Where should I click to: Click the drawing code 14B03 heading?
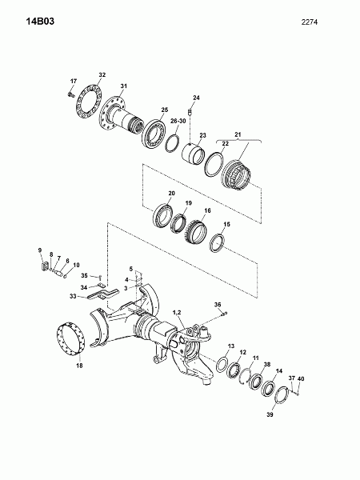(x=40, y=22)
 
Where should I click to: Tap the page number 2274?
(x=309, y=22)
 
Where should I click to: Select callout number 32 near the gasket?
(x=102, y=74)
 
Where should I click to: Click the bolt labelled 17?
(x=71, y=93)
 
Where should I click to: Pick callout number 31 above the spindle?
(x=123, y=86)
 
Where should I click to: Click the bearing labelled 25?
(x=154, y=134)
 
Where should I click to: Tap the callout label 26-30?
(x=178, y=121)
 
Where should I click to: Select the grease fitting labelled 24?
(x=190, y=111)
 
